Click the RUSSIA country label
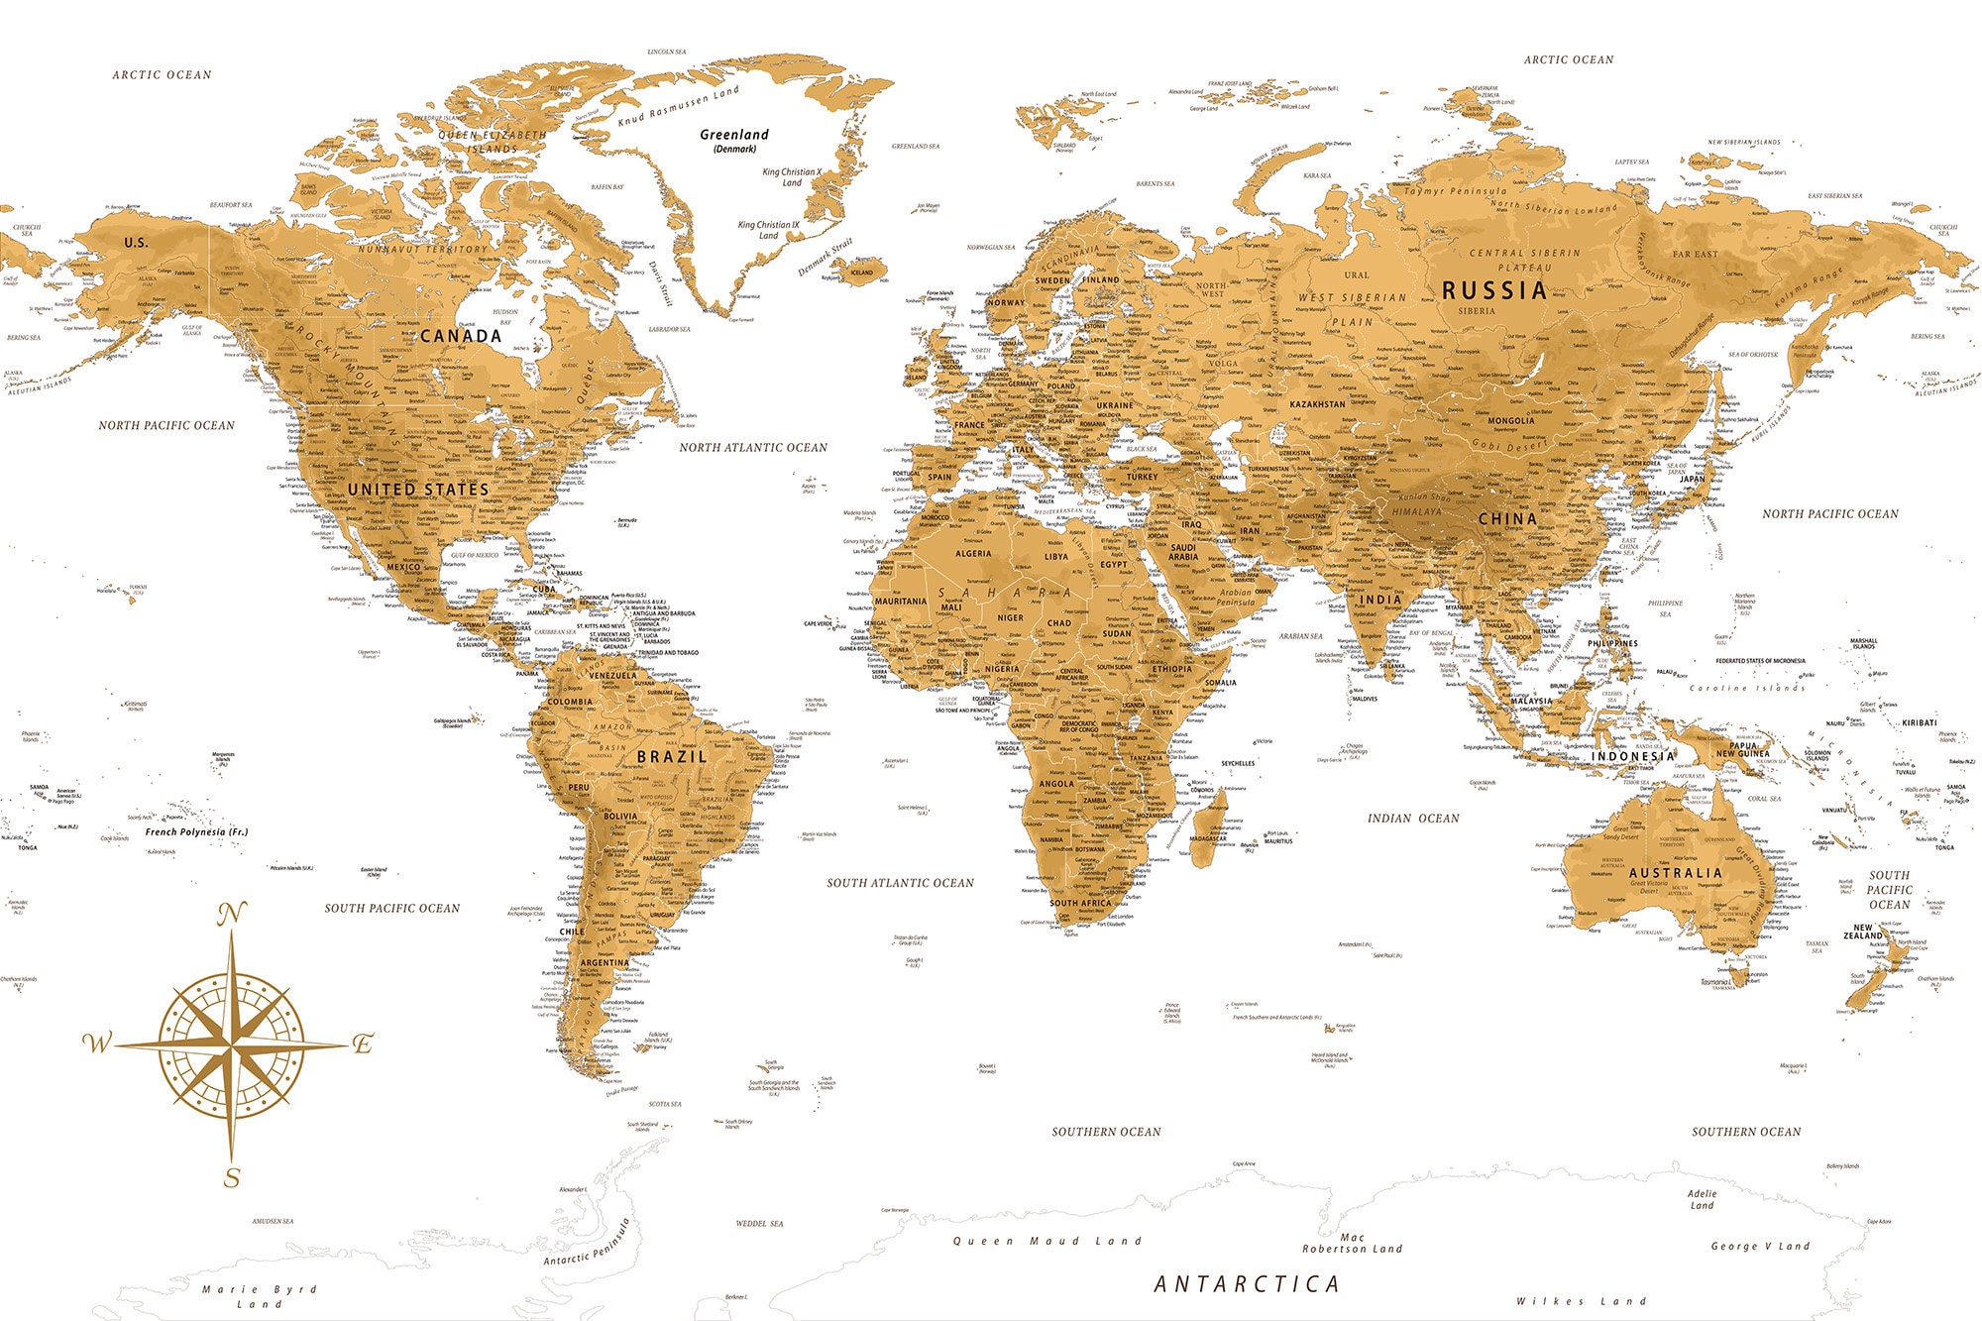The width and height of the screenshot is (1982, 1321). pyautogui.click(x=1493, y=290)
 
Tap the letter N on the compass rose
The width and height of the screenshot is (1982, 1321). pyautogui.click(x=231, y=915)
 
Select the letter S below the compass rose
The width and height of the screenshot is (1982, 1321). pyautogui.click(x=232, y=1177)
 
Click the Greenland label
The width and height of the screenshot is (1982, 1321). pyautogui.click(x=734, y=135)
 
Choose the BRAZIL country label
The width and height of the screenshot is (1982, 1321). pyautogui.click(x=672, y=756)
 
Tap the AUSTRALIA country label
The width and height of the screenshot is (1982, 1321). pyautogui.click(x=1675, y=873)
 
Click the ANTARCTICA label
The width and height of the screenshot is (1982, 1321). pyautogui.click(x=1247, y=1284)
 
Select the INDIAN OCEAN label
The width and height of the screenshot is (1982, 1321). pyautogui.click(x=1413, y=819)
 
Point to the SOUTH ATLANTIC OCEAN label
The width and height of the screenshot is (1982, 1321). pyautogui.click(x=900, y=883)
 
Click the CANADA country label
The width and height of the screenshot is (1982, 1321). pyautogui.click(x=461, y=336)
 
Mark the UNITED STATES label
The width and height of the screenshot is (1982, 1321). pyautogui.click(x=418, y=490)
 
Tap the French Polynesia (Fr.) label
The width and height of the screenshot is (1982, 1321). pyautogui.click(x=196, y=831)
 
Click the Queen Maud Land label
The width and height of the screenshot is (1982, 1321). pyautogui.click(x=1047, y=1241)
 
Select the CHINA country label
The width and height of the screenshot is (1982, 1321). pyautogui.click(x=1507, y=518)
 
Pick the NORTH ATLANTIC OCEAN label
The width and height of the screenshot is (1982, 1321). pyautogui.click(x=753, y=448)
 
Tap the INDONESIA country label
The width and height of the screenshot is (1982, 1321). pyautogui.click(x=1633, y=756)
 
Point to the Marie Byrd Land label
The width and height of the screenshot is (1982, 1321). pyautogui.click(x=259, y=1296)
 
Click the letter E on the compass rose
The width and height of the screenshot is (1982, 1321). pyautogui.click(x=364, y=1044)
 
